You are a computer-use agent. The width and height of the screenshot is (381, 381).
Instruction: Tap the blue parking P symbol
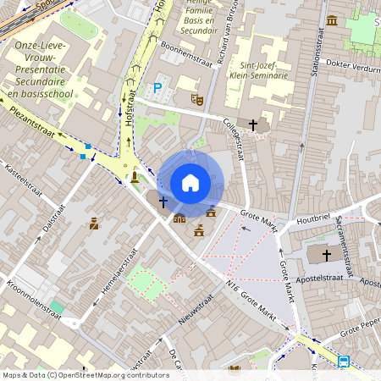point(157,87)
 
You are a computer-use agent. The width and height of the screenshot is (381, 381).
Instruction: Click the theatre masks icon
point(197,99)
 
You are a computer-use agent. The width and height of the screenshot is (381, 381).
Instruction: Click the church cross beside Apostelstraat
point(327,254)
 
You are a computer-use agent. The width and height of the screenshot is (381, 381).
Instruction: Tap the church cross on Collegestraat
point(252,124)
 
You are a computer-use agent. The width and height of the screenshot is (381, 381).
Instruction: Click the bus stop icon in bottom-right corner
point(344,362)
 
